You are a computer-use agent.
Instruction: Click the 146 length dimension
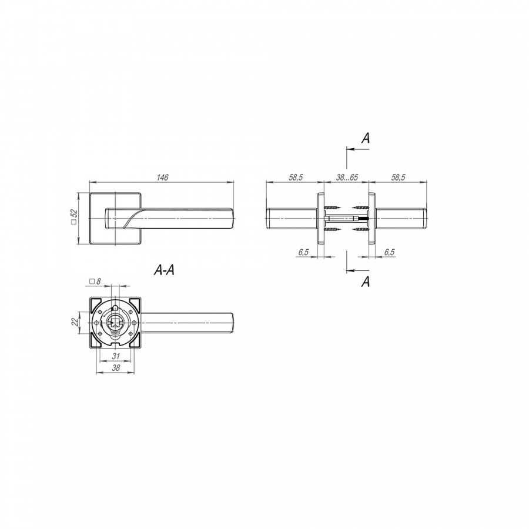(162, 177)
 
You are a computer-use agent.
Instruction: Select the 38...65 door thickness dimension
(346, 177)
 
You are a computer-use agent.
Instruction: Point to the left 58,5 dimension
(296, 177)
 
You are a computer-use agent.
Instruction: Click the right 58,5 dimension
(398, 177)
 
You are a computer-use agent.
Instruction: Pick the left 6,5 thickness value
(303, 252)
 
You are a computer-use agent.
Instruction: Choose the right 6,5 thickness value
(389, 252)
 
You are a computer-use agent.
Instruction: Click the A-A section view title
(165, 270)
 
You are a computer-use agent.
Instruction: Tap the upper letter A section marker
(366, 138)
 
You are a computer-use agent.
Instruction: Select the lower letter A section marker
(366, 281)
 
